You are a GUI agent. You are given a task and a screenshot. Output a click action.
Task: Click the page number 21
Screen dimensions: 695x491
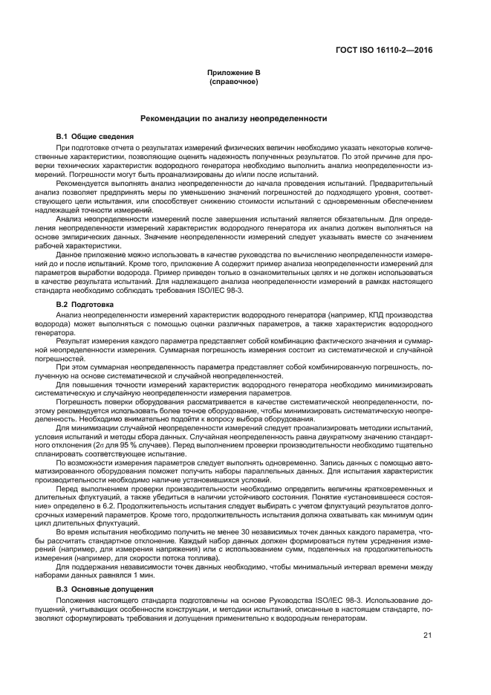point(427,635)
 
